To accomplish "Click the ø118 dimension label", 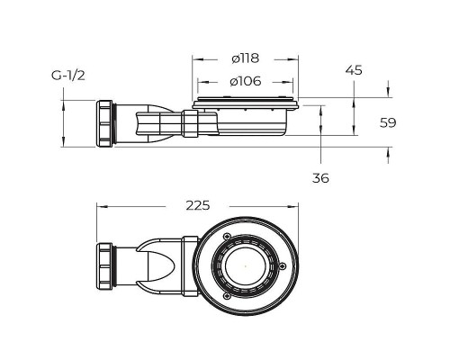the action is [x=245, y=58].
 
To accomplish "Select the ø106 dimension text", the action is [x=246, y=81].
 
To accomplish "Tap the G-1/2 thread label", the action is [x=68, y=76].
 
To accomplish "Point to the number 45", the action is [x=354, y=70].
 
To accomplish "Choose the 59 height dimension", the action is [x=388, y=122].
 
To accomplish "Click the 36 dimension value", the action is [x=320, y=178].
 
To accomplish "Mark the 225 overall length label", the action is [x=198, y=205].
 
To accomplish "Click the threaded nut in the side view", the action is [x=104, y=123].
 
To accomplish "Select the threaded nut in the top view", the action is [x=104, y=266].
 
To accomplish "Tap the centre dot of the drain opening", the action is [x=246, y=265].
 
